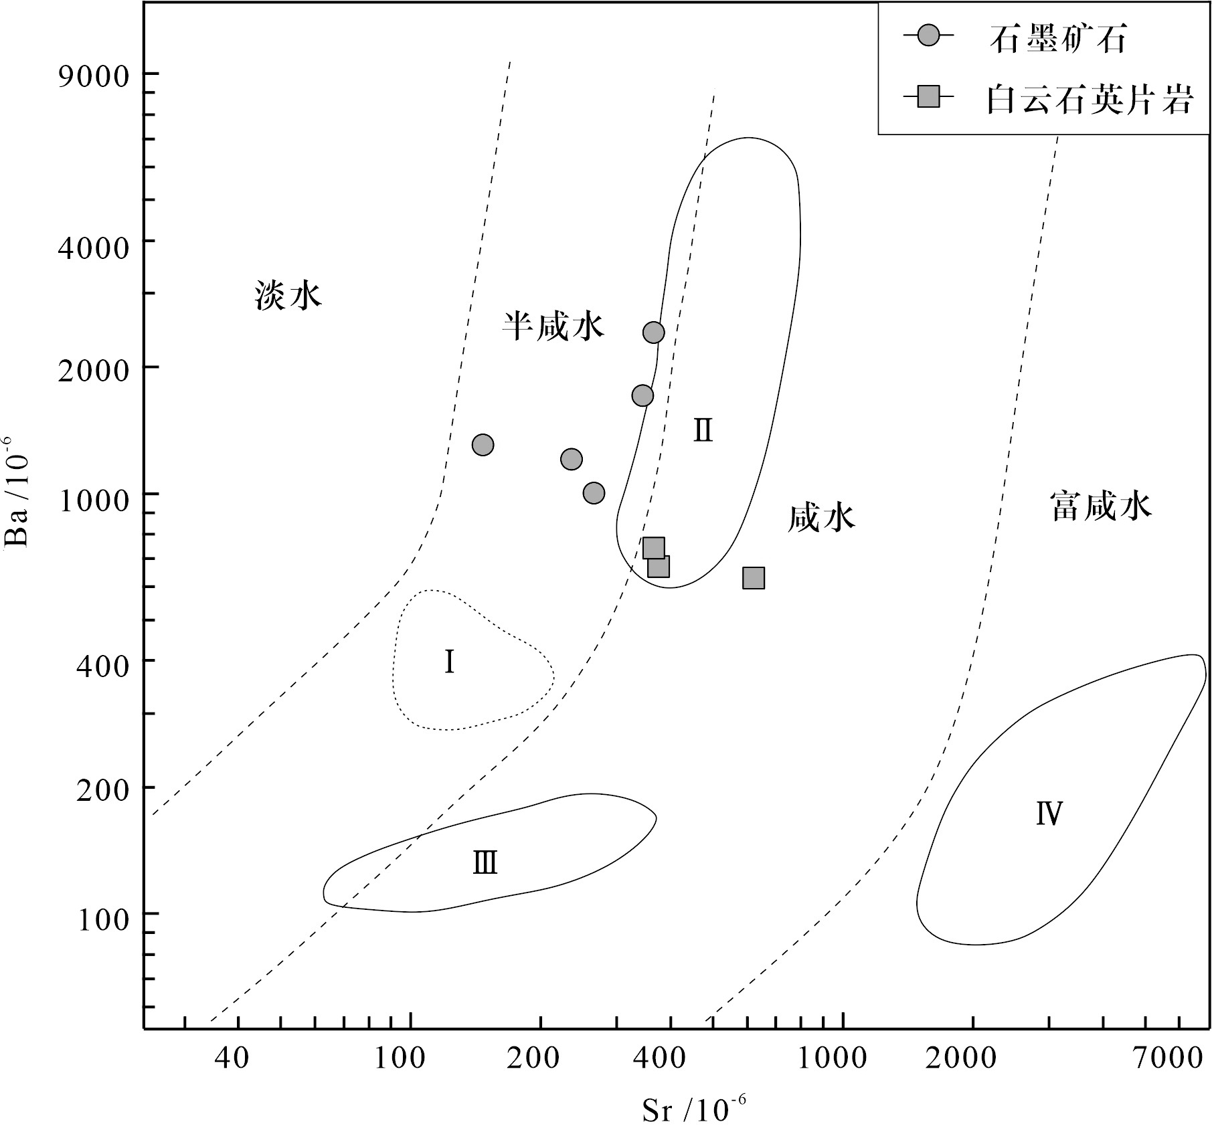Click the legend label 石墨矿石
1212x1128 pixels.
click(x=1058, y=39)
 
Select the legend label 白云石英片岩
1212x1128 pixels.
click(x=1090, y=101)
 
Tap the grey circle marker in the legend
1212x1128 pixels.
click(x=928, y=36)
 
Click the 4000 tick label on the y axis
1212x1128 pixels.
click(x=93, y=248)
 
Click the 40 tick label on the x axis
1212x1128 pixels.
click(x=232, y=1058)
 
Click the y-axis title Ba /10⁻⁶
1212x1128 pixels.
click(x=16, y=492)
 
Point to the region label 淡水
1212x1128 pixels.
click(x=288, y=295)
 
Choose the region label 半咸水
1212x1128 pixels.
click(x=553, y=326)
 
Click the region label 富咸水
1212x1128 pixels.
click(x=1101, y=506)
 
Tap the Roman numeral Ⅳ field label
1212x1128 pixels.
click(x=1049, y=814)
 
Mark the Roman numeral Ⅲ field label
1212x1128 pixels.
click(x=485, y=863)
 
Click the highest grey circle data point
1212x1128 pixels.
click(x=654, y=333)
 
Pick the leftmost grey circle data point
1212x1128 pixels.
click(x=483, y=445)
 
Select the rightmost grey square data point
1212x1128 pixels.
click(x=754, y=578)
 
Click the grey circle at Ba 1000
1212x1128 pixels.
click(x=594, y=493)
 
